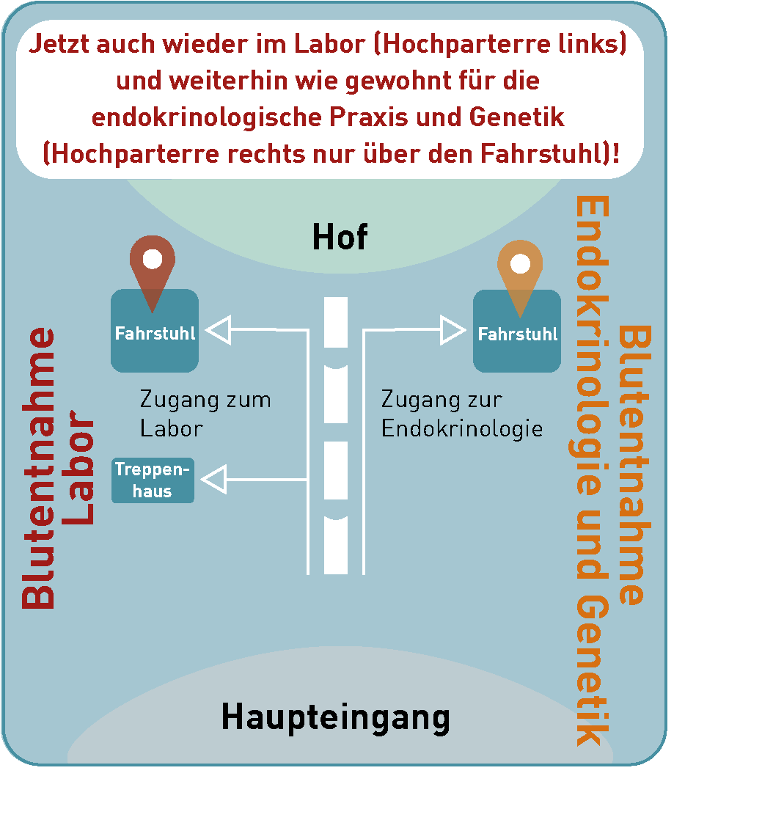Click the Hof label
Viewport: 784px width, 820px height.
340,237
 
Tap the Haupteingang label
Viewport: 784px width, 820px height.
336,718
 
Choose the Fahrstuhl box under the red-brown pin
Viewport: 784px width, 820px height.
155,331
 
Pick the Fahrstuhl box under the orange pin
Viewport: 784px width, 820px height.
517,331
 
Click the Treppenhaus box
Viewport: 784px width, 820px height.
153,480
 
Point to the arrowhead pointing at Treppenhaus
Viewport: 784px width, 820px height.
214,479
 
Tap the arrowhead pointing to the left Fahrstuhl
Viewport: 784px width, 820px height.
218,330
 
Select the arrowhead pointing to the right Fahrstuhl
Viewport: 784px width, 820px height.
453,330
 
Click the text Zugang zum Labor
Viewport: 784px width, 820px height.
205,414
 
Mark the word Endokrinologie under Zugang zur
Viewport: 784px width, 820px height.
462,429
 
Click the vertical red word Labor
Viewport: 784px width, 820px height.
78,467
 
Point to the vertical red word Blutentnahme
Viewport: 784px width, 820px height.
38,468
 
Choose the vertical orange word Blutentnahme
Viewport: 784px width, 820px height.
634,465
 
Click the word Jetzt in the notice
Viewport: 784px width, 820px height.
59,44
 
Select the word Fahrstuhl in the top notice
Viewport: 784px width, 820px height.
541,154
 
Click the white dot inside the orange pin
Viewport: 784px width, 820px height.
520,263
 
